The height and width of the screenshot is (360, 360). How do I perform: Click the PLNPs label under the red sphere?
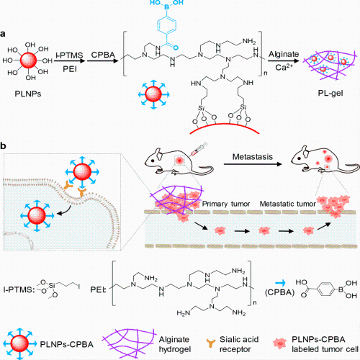coord(28,94)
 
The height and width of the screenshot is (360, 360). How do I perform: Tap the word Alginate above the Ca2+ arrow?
coord(284,55)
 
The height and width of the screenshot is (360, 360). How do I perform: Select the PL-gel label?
coord(330,93)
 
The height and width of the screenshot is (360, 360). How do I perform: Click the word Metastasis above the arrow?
coord(253,157)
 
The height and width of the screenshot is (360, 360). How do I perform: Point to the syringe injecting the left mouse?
coord(199,149)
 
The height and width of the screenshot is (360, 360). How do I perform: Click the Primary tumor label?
coord(226,204)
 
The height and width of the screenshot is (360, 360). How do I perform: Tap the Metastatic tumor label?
coord(287,204)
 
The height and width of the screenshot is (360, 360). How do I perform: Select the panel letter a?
coord(3,34)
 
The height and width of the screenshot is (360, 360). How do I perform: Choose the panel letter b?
coord(3,145)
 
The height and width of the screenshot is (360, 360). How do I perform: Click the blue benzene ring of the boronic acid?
coord(167,24)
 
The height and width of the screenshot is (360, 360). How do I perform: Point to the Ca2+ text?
coord(284,67)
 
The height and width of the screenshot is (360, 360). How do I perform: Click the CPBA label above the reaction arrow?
coord(103,55)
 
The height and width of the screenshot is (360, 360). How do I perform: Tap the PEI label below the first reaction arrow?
coord(70,69)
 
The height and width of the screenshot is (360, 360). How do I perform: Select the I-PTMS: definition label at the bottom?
coord(18,289)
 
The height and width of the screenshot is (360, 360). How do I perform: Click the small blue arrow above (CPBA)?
coord(280,283)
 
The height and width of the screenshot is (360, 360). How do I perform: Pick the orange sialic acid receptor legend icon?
coord(211,343)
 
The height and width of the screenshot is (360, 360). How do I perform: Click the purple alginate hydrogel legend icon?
coord(130,343)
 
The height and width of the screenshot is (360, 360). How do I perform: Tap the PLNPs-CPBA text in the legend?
coord(66,344)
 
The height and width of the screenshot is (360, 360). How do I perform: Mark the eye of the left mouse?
coord(153,160)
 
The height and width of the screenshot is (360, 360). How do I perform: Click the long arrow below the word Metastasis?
coord(253,164)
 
